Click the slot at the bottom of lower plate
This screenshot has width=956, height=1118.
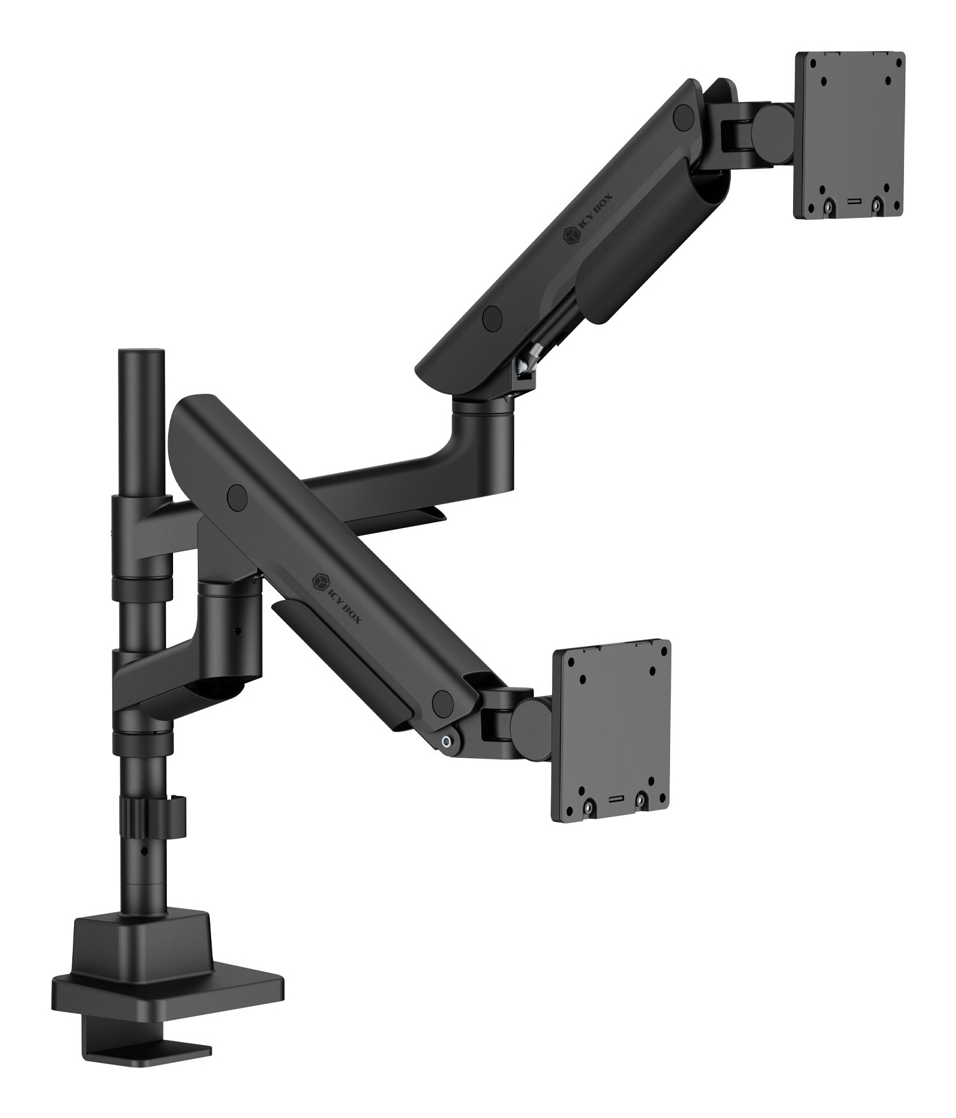click(x=614, y=800)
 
